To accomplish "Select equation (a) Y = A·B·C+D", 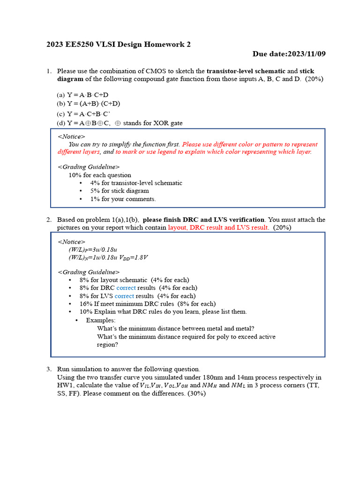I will click(x=82, y=95).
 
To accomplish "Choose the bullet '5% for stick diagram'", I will click(x=120, y=191).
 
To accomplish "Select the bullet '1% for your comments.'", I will click(x=123, y=199).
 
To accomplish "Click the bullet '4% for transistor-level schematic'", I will click(x=136, y=183).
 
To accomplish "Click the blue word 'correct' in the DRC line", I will click(x=126, y=288).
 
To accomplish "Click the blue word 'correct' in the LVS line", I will click(x=124, y=296).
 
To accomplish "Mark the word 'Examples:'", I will click(x=100, y=320).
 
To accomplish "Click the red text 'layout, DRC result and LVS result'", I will click(x=218, y=227).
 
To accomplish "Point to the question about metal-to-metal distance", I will click(x=176, y=329).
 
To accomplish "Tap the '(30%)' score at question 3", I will click(x=196, y=394).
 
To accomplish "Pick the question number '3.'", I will click(x=49, y=369).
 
